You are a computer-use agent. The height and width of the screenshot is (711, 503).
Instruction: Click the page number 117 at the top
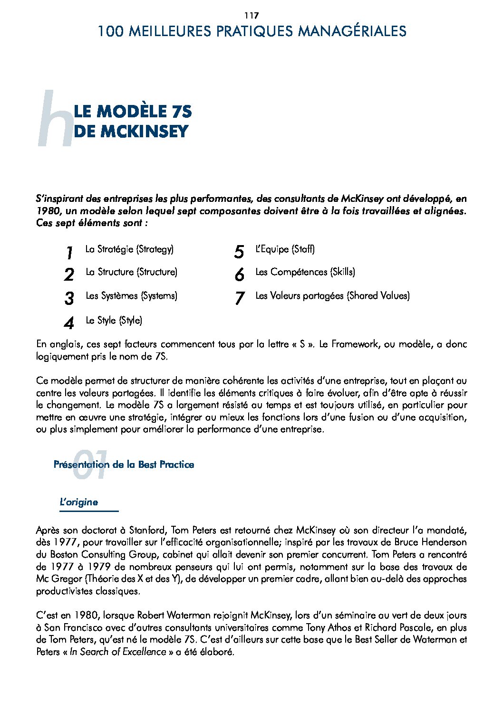(251, 16)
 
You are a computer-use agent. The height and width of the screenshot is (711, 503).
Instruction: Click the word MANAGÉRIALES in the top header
(352, 31)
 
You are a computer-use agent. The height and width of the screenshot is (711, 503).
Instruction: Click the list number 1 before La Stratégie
(69, 253)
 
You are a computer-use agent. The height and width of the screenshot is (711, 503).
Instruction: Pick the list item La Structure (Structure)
(131, 272)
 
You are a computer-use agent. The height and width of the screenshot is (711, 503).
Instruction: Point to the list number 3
(69, 298)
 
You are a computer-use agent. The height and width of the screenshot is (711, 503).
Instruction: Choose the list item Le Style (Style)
(114, 321)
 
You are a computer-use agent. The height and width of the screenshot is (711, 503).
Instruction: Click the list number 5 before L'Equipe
(239, 252)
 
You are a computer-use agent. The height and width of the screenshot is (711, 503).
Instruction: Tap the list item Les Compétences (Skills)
(305, 272)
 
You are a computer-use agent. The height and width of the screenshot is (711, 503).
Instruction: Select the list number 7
(239, 298)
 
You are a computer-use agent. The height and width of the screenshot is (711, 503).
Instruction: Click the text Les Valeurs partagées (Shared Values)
(332, 296)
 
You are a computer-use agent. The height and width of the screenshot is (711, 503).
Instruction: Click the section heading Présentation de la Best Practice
(124, 465)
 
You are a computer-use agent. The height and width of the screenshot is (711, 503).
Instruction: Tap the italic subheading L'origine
(79, 502)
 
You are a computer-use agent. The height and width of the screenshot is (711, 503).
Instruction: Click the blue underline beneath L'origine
(89, 512)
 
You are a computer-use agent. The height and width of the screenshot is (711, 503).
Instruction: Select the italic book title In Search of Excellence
(118, 652)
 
